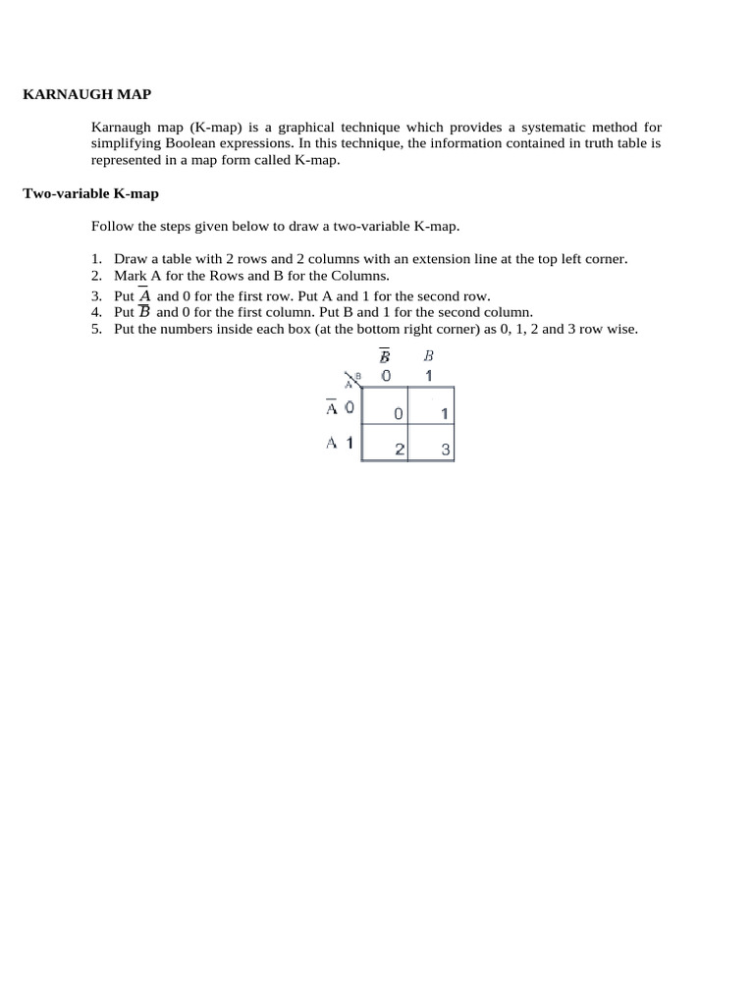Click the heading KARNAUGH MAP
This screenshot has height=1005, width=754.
tap(86, 94)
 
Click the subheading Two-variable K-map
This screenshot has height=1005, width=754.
tap(90, 193)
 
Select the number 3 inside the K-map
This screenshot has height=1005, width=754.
tap(445, 450)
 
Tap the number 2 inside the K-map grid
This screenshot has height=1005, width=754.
tap(400, 450)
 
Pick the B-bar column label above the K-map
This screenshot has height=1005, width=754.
tap(385, 356)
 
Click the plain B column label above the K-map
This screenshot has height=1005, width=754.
tap(428, 356)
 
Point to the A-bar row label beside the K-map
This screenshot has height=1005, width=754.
tap(333, 407)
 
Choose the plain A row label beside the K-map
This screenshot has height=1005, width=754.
tap(332, 443)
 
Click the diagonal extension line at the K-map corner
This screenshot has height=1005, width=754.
tap(353, 379)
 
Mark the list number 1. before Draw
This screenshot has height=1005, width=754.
tap(96, 259)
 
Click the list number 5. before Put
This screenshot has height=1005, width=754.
tap(96, 329)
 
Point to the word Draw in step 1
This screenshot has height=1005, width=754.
tap(130, 259)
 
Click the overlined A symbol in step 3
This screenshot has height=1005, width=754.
tap(144, 294)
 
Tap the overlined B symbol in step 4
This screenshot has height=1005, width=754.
tap(144, 312)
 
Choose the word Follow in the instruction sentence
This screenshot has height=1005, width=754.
tap(112, 226)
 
